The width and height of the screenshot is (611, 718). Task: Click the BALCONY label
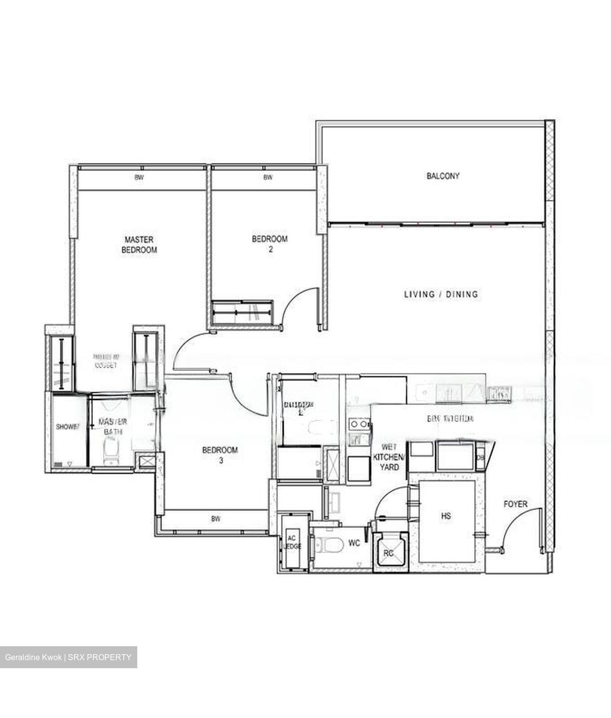[x=443, y=176]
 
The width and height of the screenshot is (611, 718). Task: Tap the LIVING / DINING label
[x=441, y=294]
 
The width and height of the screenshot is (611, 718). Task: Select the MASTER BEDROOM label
[x=139, y=245]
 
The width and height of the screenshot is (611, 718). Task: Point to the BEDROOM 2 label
[x=270, y=244]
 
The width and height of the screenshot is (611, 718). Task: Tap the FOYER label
[x=515, y=504]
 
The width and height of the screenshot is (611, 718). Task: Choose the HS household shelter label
[x=446, y=516]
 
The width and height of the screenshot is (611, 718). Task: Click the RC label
[x=388, y=553]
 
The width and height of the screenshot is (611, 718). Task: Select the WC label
[x=354, y=543]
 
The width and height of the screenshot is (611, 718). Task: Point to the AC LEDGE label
[x=293, y=542]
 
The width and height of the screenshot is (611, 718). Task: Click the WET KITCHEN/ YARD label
[x=390, y=457]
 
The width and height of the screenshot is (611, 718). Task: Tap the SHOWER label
[x=67, y=427]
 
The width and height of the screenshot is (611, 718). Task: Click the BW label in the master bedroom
[x=139, y=178]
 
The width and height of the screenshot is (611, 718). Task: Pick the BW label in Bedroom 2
[x=268, y=178]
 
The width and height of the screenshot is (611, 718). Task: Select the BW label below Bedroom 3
[x=216, y=519]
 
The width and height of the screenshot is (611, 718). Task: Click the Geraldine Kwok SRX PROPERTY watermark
[x=68, y=657]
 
